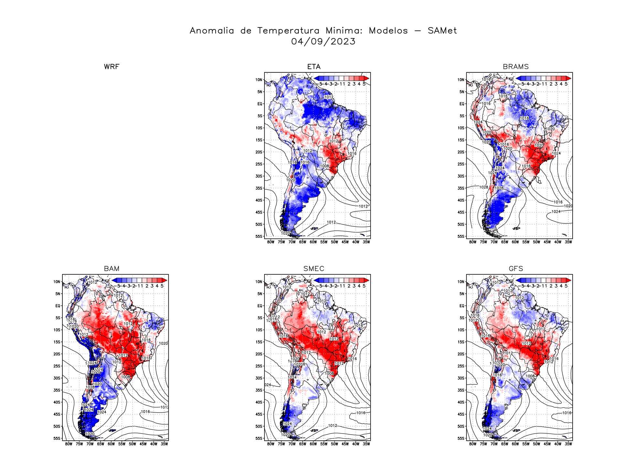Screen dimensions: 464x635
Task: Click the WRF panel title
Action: pos(112,67)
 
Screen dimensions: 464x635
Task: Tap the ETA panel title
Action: pos(314,67)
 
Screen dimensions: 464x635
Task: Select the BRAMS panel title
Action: pos(516,67)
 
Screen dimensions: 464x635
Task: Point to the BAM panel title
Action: pos(112,269)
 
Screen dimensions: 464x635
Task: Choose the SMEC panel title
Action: pos(314,269)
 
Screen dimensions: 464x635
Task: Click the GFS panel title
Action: pos(516,269)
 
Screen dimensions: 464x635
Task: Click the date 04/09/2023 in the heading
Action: pos(323,41)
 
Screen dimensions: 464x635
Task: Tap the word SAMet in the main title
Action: pos(442,31)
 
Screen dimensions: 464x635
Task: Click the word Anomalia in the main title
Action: pos(212,31)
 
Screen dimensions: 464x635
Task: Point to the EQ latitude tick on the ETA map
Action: pos(260,104)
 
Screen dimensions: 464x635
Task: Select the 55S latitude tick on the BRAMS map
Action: pos(461,236)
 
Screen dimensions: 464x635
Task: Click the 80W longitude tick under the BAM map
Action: pos(69,444)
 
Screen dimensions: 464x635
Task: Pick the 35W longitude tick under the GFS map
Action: pos(568,444)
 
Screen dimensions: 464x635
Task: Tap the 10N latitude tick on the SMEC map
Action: pos(259,282)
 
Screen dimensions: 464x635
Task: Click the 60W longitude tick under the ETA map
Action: pos(313,242)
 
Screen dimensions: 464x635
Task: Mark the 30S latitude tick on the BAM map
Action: pos(57,378)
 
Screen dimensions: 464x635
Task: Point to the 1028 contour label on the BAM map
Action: pos(90,387)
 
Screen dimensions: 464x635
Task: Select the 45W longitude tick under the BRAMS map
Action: pos(547,242)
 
